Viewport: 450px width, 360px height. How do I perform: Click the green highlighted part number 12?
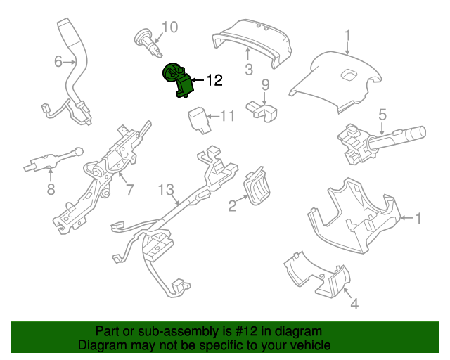[x=178, y=80]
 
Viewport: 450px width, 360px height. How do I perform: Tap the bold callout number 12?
[x=214, y=80]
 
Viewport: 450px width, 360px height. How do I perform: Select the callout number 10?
[x=170, y=27]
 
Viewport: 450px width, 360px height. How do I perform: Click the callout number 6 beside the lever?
[x=58, y=61]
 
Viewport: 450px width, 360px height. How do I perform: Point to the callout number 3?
[x=249, y=69]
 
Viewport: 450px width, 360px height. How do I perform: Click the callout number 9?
[x=266, y=85]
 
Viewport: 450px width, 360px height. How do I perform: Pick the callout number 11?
[x=227, y=116]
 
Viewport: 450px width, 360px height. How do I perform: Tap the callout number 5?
[x=382, y=115]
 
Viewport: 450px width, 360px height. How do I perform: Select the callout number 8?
[x=51, y=189]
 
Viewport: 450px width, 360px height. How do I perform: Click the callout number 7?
[x=129, y=190]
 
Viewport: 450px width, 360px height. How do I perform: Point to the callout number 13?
[x=166, y=189]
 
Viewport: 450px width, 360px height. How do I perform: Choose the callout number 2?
[x=232, y=205]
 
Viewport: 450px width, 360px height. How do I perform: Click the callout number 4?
[x=354, y=304]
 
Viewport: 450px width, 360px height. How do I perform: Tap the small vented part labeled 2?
[x=257, y=186]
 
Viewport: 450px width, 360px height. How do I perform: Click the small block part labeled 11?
[x=198, y=120]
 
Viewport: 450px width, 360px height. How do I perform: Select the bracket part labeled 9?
[x=262, y=111]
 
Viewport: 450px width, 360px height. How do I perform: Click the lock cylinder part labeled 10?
[x=148, y=43]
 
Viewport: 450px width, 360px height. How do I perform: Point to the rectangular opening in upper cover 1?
[x=349, y=75]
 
